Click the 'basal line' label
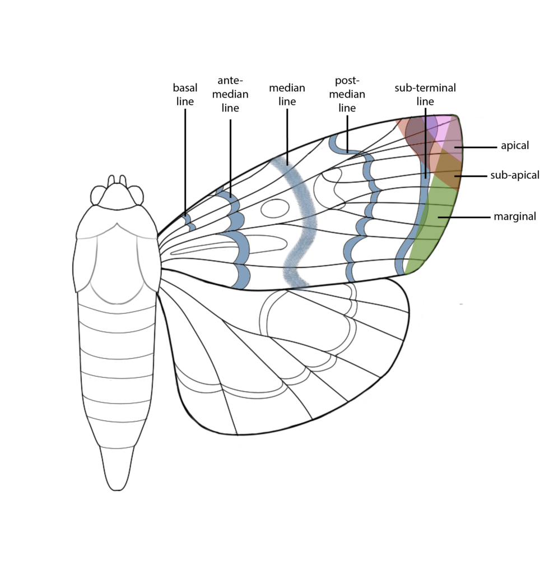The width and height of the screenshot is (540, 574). point(185,94)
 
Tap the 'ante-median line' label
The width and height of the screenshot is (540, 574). point(230,94)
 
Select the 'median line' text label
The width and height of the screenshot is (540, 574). point(287,94)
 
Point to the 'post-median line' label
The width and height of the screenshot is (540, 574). point(347,94)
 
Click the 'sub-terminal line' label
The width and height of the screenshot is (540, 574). point(425,94)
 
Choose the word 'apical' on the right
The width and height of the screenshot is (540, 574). point(515,146)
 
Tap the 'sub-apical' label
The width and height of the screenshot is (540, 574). point(515,175)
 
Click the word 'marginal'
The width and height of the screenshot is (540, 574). point(515,216)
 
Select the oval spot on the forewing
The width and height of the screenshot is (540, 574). point(274,209)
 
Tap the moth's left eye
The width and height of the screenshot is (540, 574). point(98,195)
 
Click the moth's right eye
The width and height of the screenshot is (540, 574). point(136,195)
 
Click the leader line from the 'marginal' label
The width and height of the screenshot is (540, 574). point(464,217)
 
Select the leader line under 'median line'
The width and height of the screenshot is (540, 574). point(287,137)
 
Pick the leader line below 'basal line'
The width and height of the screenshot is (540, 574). point(185,162)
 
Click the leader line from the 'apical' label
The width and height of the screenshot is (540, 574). point(476,147)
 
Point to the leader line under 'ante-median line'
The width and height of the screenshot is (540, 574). point(230,159)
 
